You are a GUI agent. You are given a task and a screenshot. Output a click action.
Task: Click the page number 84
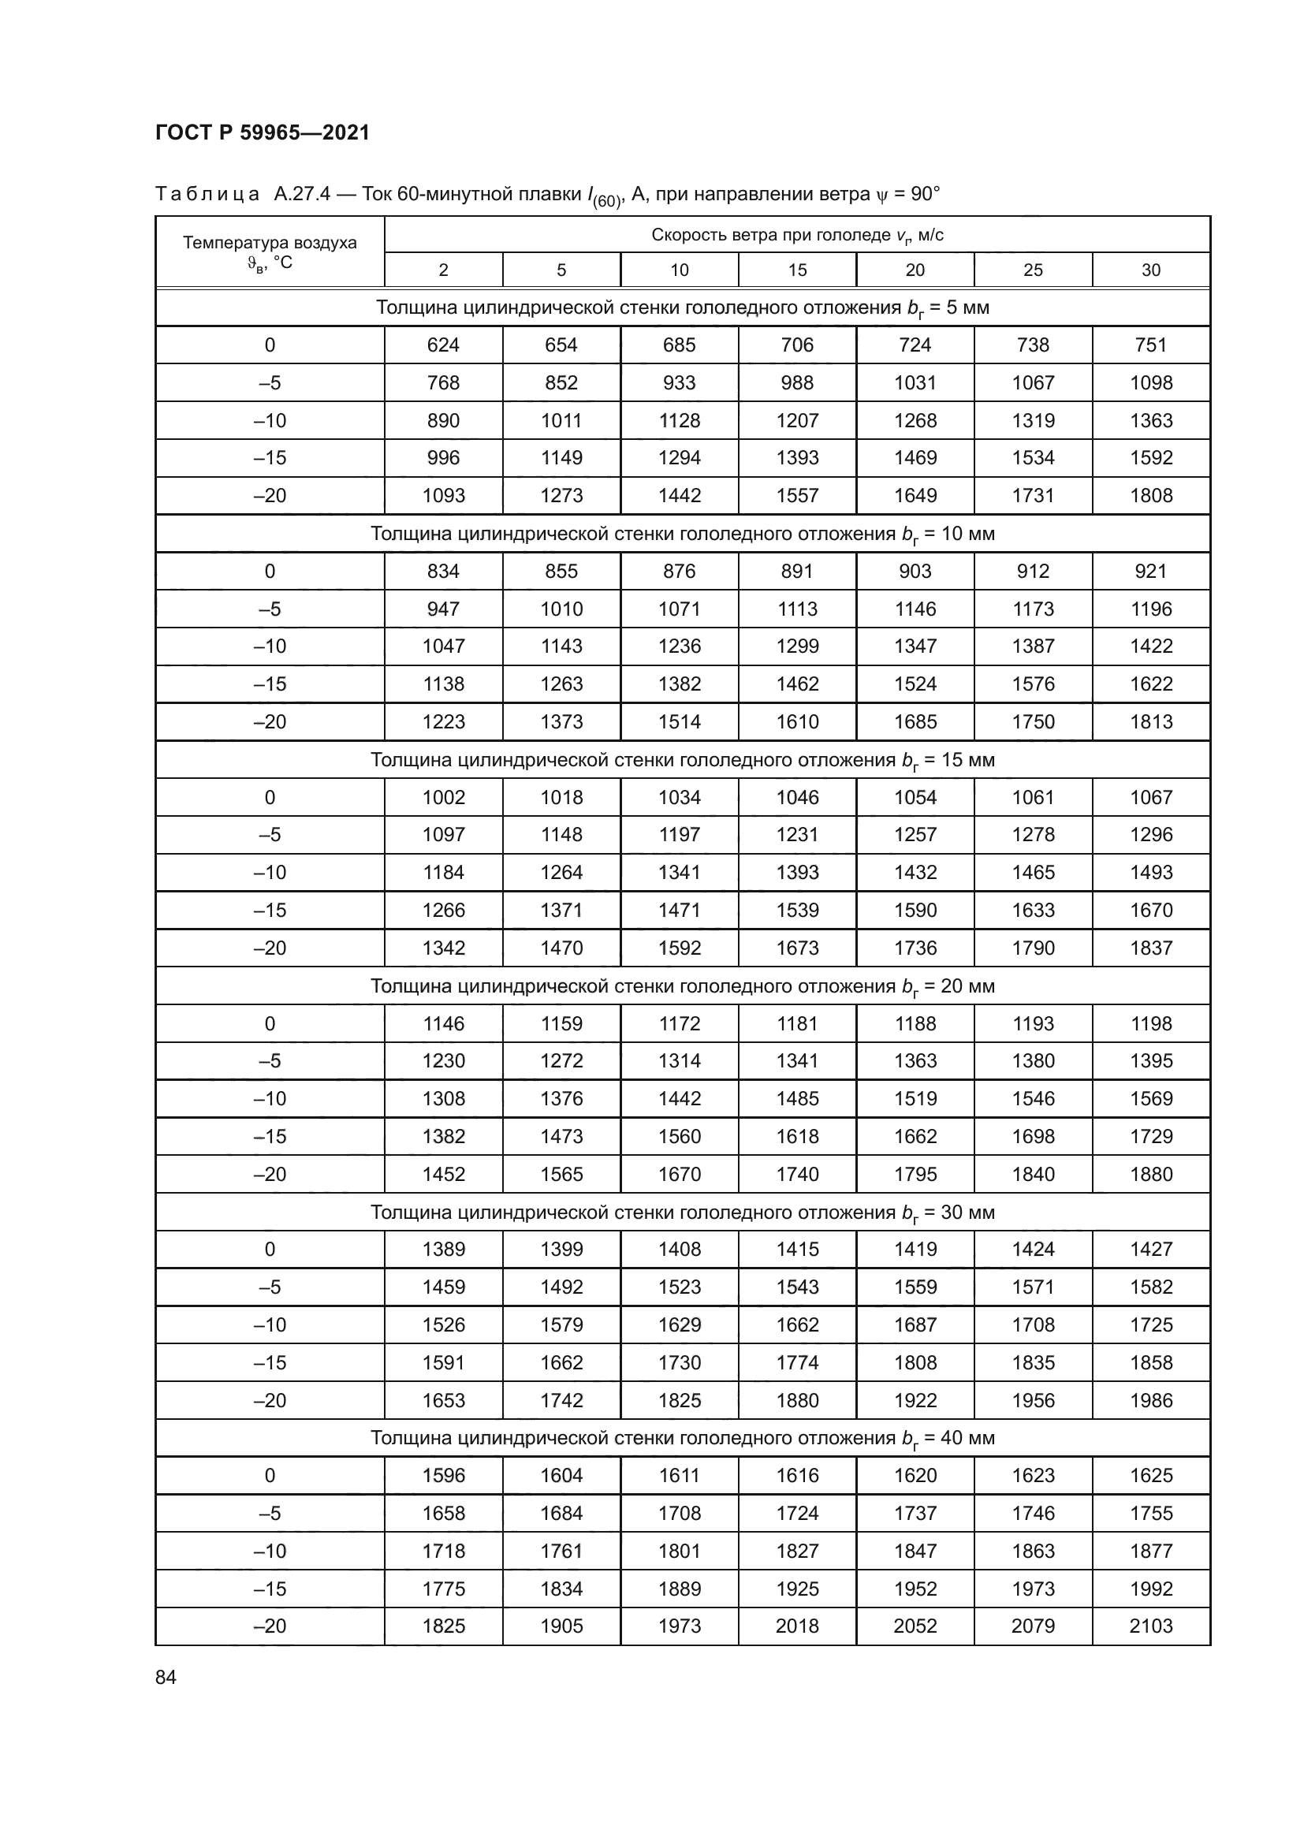point(166,1677)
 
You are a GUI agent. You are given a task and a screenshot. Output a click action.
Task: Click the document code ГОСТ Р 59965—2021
point(263,132)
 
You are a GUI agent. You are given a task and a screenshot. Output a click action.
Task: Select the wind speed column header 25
point(1033,270)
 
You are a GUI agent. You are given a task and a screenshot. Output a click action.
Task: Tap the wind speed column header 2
point(443,270)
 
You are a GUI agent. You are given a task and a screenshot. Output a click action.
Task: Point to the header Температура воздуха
point(270,243)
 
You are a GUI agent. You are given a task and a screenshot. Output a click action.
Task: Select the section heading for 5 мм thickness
point(683,307)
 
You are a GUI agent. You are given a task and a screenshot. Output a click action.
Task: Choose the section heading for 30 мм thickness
point(683,1212)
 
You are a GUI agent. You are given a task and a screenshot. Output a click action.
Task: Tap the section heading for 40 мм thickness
point(683,1438)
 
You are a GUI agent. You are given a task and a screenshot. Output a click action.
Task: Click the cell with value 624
point(443,345)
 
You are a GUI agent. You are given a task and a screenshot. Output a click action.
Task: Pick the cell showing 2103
point(1150,1626)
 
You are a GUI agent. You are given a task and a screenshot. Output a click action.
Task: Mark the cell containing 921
point(1150,571)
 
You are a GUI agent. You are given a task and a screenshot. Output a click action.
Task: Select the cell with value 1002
point(443,798)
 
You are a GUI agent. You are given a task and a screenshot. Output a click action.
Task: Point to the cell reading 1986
point(1150,1400)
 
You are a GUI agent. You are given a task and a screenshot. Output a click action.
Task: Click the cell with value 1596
point(443,1475)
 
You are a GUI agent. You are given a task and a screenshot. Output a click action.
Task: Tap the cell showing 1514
point(680,721)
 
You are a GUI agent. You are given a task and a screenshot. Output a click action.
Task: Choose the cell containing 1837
point(1150,948)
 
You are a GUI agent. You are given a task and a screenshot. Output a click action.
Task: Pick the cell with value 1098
point(1150,383)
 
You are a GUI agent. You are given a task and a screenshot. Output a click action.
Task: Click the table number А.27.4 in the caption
point(302,195)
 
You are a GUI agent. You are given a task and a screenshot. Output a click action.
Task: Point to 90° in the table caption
point(925,195)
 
